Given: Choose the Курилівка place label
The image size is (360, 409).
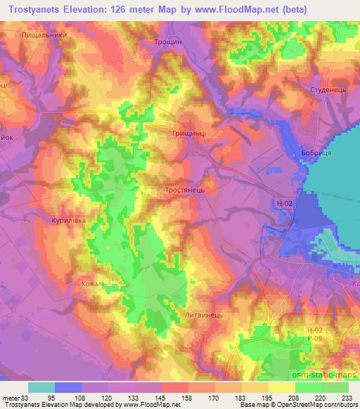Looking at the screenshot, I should pyautogui.click(x=68, y=220).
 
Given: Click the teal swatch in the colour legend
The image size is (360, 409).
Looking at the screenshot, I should pyautogui.click(x=41, y=387).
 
